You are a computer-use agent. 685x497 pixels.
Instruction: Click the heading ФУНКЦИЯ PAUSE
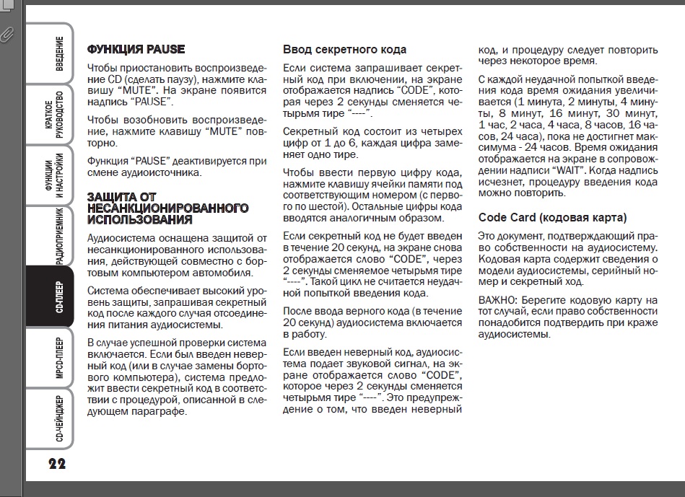tap(136, 50)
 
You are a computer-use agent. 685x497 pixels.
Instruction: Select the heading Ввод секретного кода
tap(344, 50)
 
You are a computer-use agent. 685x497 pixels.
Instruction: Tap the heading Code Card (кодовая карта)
tap(552, 217)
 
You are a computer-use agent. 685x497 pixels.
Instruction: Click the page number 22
tap(57, 464)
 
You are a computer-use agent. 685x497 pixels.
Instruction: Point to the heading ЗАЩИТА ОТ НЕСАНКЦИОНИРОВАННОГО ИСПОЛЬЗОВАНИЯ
tap(167, 208)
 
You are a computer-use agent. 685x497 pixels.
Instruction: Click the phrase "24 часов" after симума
tap(538, 147)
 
